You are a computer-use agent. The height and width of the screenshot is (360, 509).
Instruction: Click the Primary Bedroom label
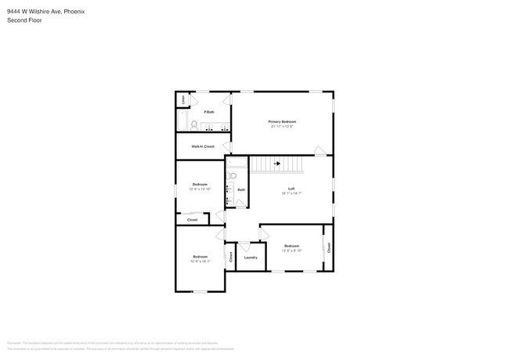[x=282, y=121]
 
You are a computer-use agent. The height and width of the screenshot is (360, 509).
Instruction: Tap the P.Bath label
[x=209, y=112]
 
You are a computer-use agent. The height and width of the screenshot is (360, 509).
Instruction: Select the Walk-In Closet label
[x=203, y=146]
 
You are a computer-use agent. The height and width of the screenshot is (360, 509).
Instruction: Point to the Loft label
[x=291, y=189]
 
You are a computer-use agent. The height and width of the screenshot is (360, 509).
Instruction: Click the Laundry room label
[x=251, y=257]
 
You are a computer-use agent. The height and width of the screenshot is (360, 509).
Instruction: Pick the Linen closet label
[x=183, y=100]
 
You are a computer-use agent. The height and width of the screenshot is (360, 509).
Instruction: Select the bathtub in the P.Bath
[x=181, y=121]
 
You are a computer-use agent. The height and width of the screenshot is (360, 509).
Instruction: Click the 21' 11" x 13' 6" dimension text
[x=282, y=126]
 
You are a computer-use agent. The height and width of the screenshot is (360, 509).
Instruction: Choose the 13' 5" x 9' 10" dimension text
[x=291, y=250]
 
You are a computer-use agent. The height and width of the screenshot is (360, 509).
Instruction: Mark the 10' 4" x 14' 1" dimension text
[x=200, y=261]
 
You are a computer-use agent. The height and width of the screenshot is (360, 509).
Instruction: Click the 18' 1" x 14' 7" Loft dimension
[x=291, y=193]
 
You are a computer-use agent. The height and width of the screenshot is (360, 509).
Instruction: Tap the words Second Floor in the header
[x=24, y=20]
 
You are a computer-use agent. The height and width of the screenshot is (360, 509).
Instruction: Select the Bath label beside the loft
[x=241, y=190]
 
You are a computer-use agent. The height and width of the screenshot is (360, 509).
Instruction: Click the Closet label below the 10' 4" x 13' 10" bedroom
[x=192, y=220]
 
